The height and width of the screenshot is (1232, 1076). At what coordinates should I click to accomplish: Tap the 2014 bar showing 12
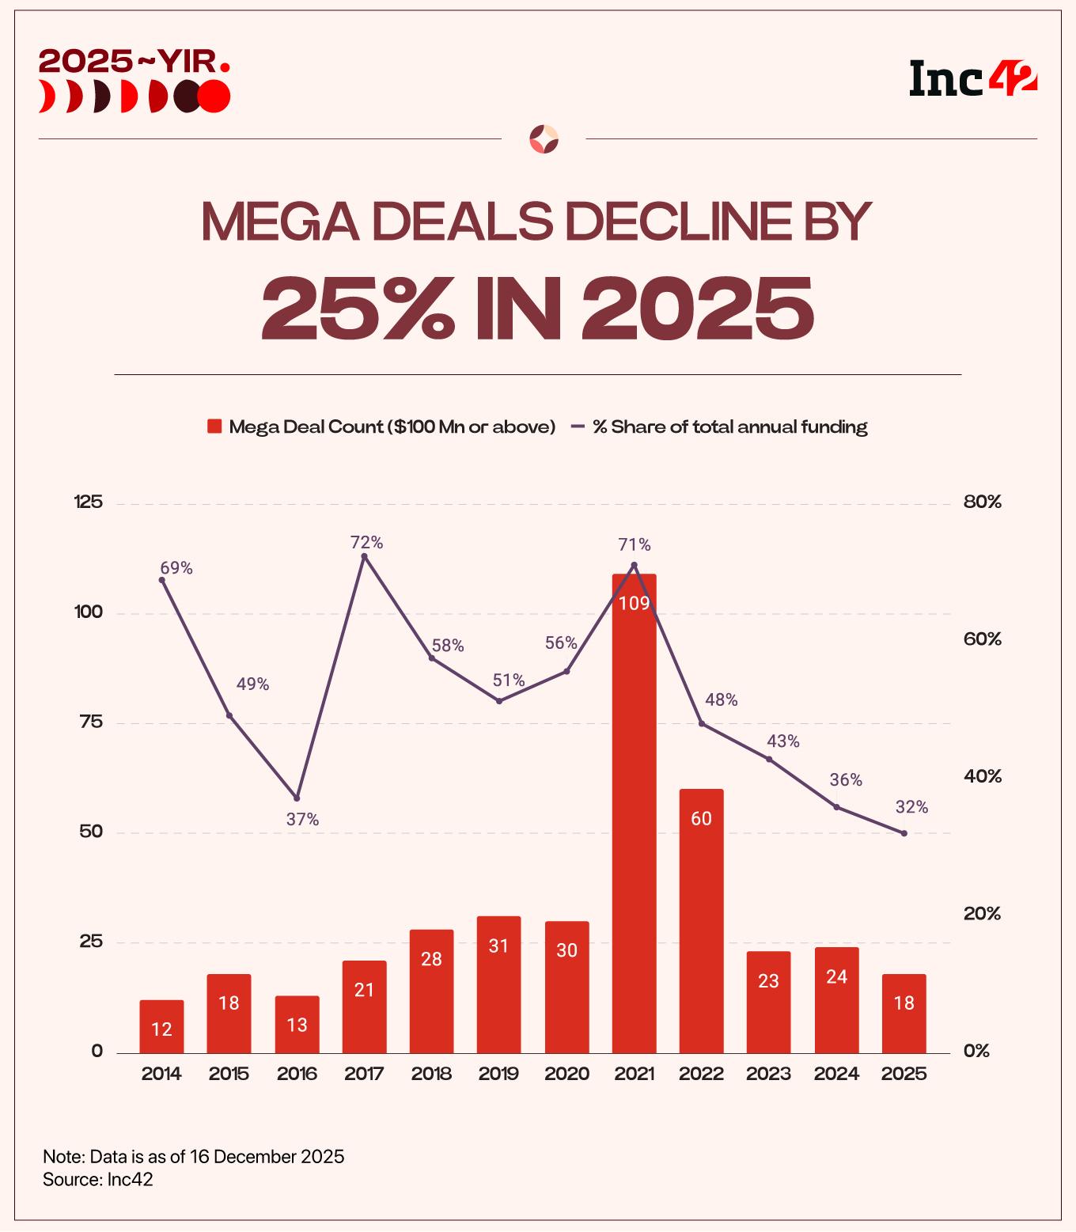click(161, 1026)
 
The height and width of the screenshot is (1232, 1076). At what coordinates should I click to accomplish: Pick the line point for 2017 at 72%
click(364, 556)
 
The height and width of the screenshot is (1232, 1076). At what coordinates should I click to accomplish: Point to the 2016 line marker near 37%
click(297, 798)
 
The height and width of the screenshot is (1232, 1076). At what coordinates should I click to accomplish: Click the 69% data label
click(176, 568)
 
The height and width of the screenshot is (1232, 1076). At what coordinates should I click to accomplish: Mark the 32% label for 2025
click(911, 807)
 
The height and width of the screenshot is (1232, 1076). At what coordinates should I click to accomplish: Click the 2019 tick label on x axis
click(498, 1074)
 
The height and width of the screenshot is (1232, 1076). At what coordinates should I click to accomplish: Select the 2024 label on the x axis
click(836, 1074)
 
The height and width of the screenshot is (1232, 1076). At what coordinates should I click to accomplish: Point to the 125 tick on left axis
click(88, 502)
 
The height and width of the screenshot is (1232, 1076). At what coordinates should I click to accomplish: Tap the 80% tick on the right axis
click(982, 502)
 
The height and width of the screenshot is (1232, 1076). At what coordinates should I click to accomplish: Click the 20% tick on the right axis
click(982, 914)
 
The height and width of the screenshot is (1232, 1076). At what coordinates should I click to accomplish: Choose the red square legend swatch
click(214, 426)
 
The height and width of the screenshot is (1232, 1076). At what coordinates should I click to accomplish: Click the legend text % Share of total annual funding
click(729, 426)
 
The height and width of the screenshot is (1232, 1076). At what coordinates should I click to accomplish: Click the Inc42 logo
click(972, 79)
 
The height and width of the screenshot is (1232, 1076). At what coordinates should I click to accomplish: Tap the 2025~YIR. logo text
click(134, 61)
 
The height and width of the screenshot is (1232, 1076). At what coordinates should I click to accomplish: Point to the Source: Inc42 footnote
click(98, 1179)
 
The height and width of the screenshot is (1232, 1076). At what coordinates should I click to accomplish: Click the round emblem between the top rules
click(544, 138)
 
